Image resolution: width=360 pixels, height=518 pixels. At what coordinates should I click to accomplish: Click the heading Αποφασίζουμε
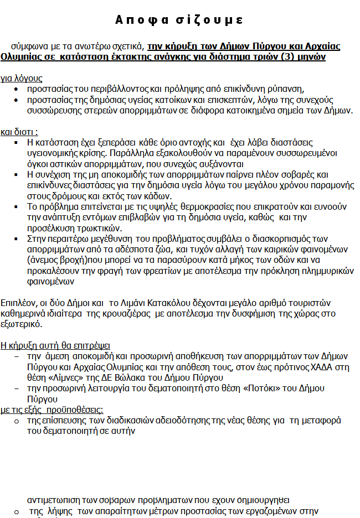(x=179, y=20)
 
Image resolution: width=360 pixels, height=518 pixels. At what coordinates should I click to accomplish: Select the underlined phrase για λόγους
(x=21, y=79)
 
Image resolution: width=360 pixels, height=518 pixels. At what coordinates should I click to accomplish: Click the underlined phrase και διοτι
(x=19, y=132)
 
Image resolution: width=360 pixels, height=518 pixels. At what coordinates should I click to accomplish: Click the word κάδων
(x=158, y=195)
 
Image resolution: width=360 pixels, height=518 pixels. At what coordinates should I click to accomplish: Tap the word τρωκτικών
(x=101, y=227)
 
